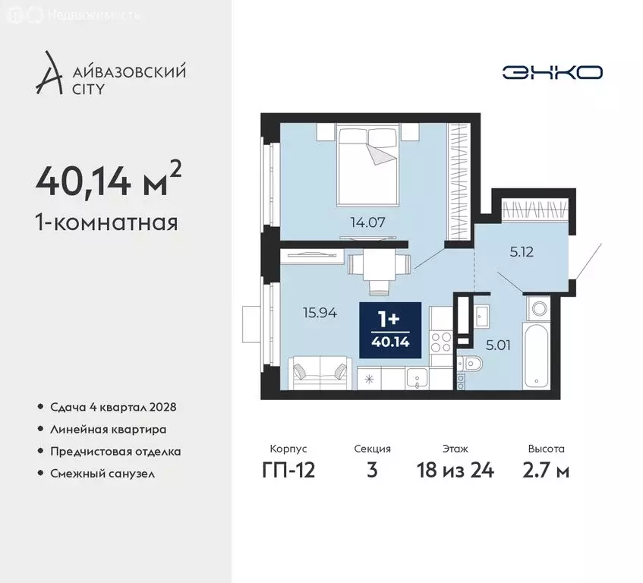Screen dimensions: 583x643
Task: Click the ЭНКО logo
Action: click(552, 72)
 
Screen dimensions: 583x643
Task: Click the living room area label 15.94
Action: click(319, 311)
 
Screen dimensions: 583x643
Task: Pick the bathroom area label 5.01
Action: click(497, 345)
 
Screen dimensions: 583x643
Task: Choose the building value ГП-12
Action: click(288, 470)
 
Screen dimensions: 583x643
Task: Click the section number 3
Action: click(372, 470)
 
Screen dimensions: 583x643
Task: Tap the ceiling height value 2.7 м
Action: click(546, 470)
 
